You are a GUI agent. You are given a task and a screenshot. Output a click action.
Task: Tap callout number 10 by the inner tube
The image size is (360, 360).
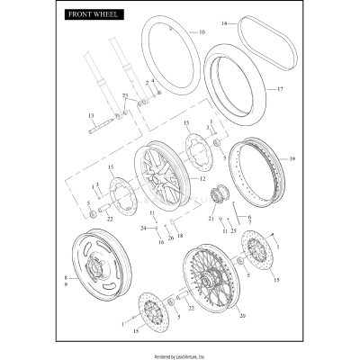click(x=202, y=32)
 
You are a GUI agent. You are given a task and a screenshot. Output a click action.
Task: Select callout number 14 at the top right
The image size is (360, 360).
click(x=225, y=21)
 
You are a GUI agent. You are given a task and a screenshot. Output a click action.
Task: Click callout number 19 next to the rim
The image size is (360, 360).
click(x=292, y=158)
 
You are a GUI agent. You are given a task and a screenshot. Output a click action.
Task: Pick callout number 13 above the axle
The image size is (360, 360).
click(x=91, y=117)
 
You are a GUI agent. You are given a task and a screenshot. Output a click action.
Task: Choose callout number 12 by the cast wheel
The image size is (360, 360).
click(x=203, y=179)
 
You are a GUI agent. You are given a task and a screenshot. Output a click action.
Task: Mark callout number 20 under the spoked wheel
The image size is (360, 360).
click(x=241, y=316)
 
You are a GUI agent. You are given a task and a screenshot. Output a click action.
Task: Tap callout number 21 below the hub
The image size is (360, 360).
click(x=211, y=219)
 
